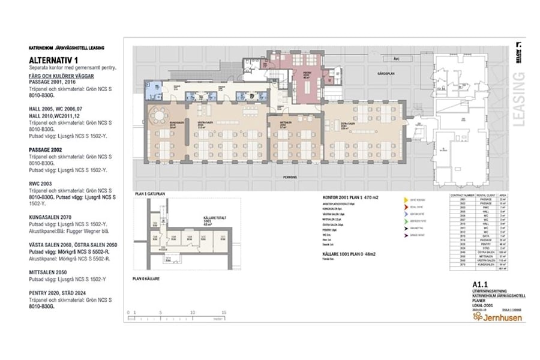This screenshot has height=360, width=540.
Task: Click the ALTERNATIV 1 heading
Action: coord(54,60)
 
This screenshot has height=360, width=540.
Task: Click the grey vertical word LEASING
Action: coord(520,99)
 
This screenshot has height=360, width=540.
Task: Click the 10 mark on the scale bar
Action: coord(192,313)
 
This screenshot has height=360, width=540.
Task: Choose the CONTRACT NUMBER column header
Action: coord(461,195)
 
